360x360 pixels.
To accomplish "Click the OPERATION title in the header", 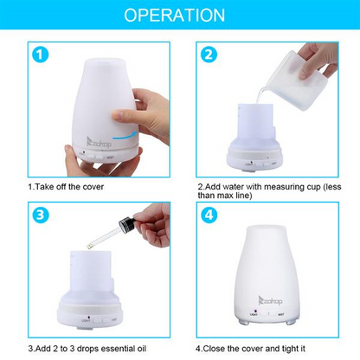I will coord(180,16).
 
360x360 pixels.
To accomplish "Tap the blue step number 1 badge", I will coord(39,56).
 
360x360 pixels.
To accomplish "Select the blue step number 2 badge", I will coord(208,56).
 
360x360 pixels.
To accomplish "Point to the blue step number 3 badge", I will coord(39,215).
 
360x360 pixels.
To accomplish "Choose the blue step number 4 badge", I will coord(208,215).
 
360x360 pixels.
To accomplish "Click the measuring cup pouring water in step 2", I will coord(299,74).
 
